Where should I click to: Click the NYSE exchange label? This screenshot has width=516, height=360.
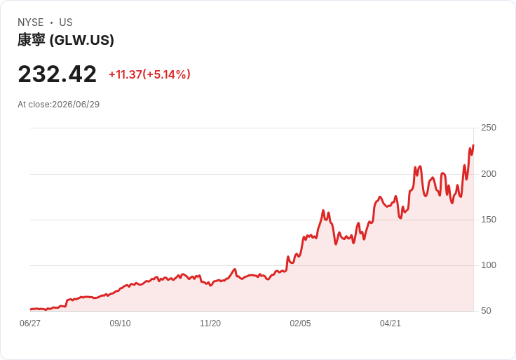point(31,22)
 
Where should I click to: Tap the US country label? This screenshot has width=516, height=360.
point(66,22)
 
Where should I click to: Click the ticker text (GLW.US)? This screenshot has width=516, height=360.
point(81,40)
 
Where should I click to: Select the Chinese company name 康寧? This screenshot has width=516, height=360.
point(32,40)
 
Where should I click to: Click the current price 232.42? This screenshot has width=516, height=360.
point(57,74)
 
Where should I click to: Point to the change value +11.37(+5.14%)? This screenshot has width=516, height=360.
point(150,74)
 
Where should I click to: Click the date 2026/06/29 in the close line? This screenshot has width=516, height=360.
point(76,105)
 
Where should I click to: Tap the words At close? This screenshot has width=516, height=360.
point(34,105)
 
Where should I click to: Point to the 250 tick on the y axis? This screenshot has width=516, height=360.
point(489,128)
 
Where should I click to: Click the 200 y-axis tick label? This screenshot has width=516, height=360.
point(489,174)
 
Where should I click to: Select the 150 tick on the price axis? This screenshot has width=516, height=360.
point(489,220)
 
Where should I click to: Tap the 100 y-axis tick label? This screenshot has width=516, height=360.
point(489,265)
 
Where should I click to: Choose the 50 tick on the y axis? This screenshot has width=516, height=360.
point(486,311)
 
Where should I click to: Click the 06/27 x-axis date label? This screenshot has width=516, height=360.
point(30,324)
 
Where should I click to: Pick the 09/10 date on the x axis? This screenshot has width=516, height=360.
point(120,324)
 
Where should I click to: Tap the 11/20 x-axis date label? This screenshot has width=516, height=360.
point(210,324)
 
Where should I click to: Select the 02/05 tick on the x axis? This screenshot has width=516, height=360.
point(300,324)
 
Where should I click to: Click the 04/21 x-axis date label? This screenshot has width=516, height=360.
point(391,324)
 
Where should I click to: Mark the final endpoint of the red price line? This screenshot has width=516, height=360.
point(473,145)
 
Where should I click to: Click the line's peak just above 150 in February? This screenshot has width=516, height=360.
point(323,210)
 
